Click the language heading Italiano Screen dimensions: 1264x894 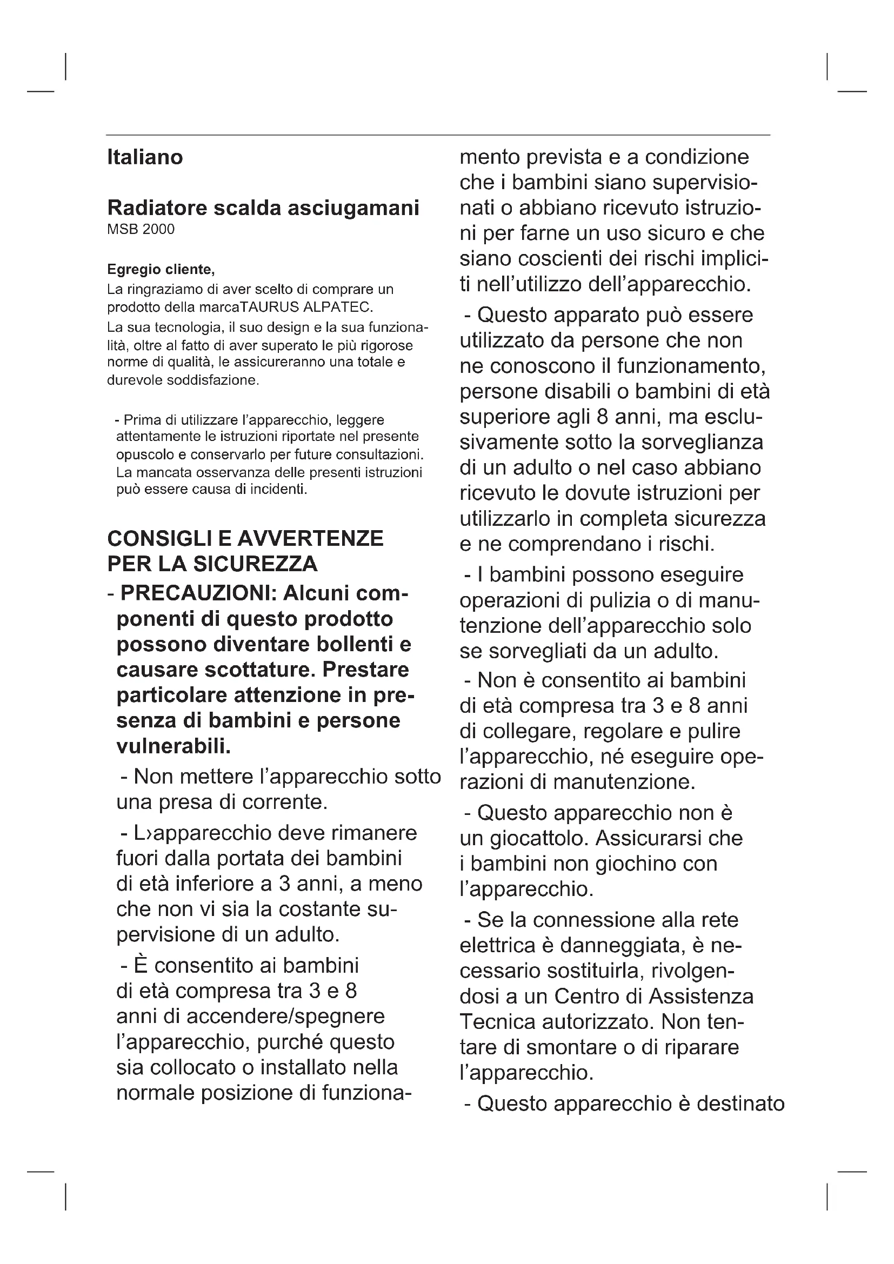click(145, 157)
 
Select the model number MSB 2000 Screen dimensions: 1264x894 click(141, 230)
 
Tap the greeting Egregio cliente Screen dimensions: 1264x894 click(160, 270)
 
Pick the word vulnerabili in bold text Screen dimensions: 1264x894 click(174, 746)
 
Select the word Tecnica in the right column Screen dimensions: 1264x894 click(497, 1022)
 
